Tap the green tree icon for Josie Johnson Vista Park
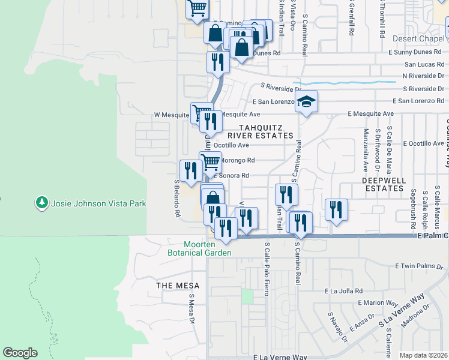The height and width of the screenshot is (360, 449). pyautogui.click(x=42, y=203)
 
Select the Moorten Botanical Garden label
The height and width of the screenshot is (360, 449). pyautogui.click(x=199, y=249)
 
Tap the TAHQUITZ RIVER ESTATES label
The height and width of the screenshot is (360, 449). pyautogui.click(x=268, y=131)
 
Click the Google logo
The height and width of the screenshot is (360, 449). pyautogui.click(x=20, y=353)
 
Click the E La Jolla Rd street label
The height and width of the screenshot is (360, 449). pyautogui.click(x=343, y=290)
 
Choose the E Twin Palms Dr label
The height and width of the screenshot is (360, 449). pyautogui.click(x=423, y=266)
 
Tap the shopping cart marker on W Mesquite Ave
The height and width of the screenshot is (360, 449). pyautogui.click(x=202, y=112)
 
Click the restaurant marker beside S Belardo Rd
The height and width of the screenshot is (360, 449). pyautogui.click(x=190, y=171)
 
